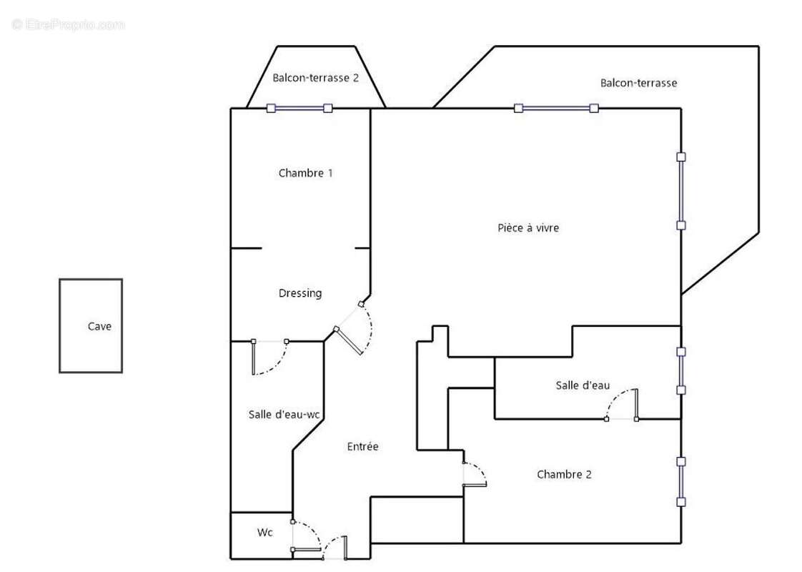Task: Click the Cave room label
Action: pyautogui.click(x=99, y=327)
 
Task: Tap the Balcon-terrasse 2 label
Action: pyautogui.click(x=316, y=78)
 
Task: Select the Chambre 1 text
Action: pyautogui.click(x=305, y=173)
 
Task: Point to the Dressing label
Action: pyautogui.click(x=300, y=293)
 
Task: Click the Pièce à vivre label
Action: pyautogui.click(x=528, y=227)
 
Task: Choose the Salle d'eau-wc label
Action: pyautogui.click(x=284, y=415)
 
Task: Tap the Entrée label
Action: pyautogui.click(x=362, y=447)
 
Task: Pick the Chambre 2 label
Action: pyautogui.click(x=564, y=474)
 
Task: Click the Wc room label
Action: pyautogui.click(x=265, y=533)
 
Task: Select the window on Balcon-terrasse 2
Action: pyautogui.click(x=299, y=108)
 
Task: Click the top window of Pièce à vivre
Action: pyautogui.click(x=556, y=108)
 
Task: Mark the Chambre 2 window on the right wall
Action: pyautogui.click(x=681, y=481)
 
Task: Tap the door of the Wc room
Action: pyautogui.click(x=306, y=536)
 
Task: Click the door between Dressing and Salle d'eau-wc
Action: pyautogui.click(x=270, y=357)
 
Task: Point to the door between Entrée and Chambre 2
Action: pyautogui.click(x=475, y=474)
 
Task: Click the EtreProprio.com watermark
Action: pyautogui.click(x=68, y=24)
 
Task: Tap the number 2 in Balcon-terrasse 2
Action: pyautogui.click(x=355, y=78)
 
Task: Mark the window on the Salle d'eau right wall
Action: pyautogui.click(x=681, y=371)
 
